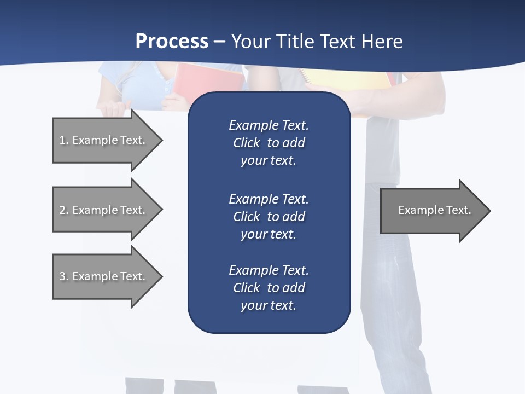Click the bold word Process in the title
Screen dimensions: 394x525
(172, 42)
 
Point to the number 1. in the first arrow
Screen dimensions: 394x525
(64, 140)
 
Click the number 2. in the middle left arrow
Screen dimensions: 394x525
(64, 210)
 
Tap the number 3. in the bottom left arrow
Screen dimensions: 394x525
(64, 276)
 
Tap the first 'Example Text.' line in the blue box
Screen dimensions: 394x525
(269, 125)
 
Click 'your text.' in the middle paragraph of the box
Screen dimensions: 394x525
(269, 234)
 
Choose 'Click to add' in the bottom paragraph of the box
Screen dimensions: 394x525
(269, 288)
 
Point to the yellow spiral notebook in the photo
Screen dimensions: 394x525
(350, 80)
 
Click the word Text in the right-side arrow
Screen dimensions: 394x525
(458, 210)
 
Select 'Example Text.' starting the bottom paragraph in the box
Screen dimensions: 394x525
(269, 270)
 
